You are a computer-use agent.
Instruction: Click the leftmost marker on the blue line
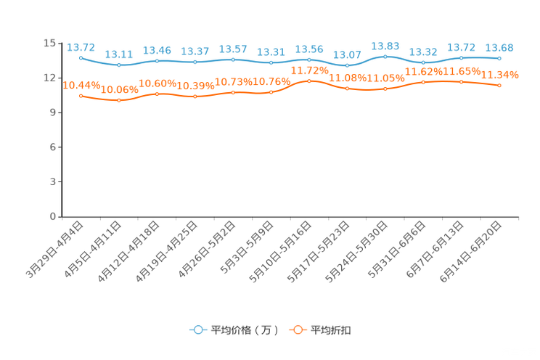81,57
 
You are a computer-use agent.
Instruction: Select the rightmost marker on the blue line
499,58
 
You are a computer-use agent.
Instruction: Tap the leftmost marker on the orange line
81,96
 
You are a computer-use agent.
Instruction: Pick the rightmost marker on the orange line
499,85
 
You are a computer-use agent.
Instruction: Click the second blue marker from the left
119,65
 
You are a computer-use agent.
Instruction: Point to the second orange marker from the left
119,101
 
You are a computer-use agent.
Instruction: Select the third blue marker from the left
157,60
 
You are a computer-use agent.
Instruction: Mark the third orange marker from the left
157,94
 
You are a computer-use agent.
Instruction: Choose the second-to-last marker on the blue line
461,57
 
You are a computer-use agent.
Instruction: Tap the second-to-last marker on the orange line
461,81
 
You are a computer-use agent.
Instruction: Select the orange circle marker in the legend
298,330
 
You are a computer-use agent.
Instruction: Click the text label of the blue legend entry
243,330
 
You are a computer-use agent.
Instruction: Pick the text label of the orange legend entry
331,330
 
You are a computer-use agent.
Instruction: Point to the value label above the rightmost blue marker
499,48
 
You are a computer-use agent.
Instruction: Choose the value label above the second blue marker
118,54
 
